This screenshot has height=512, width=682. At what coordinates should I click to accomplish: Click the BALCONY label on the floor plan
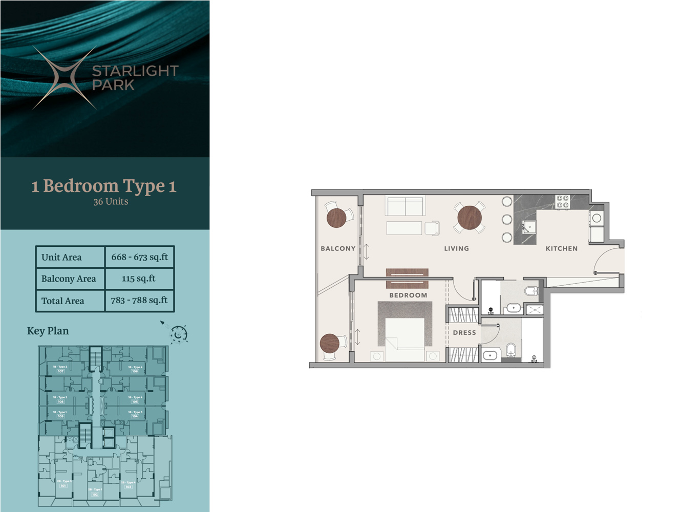coord(338,248)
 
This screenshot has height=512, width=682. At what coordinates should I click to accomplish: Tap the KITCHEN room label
coord(561,248)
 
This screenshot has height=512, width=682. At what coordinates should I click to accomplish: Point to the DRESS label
coord(464,333)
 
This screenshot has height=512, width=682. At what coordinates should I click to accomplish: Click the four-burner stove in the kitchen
coord(563,202)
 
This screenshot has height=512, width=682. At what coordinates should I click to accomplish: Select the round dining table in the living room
coord(470,218)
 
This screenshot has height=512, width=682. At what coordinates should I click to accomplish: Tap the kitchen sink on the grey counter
coord(528,227)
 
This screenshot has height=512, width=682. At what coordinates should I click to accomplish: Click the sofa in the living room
coord(406,206)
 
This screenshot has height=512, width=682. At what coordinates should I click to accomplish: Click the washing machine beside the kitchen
coord(596,218)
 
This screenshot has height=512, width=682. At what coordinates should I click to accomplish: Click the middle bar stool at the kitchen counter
coord(507,220)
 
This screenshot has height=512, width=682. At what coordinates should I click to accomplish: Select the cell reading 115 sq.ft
coord(139,279)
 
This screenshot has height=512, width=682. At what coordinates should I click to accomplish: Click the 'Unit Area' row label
coord(61,257)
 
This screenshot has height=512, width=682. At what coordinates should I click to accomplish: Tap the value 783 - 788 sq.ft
coord(139,301)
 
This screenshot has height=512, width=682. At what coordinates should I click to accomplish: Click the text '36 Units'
coord(111,202)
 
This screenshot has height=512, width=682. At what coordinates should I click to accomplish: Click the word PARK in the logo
coord(113,85)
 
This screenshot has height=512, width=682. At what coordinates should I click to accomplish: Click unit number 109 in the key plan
coord(60,416)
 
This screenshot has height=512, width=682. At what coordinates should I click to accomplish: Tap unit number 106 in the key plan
coord(135,371)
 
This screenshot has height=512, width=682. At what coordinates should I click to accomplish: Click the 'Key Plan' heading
coord(48,331)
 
